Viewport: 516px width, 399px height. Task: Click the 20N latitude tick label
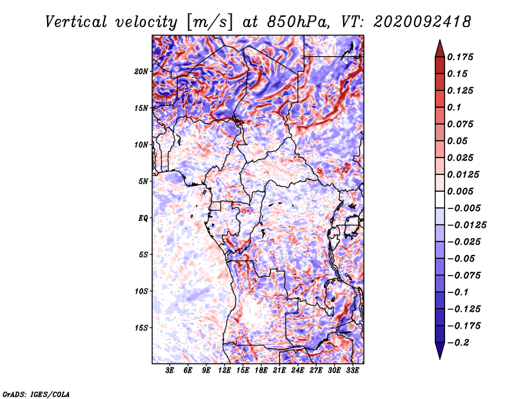tap(141, 72)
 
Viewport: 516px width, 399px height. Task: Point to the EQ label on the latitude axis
tap(143, 218)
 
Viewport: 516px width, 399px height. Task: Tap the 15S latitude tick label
tap(141, 328)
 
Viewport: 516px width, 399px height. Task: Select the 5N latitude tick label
tap(143, 181)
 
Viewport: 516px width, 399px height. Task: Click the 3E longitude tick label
tap(170, 371)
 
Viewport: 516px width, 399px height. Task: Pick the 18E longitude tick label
tap(261, 371)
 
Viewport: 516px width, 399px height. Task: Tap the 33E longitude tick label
tap(352, 371)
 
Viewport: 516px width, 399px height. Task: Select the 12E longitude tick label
tap(224, 371)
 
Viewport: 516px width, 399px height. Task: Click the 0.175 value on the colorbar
tap(460, 57)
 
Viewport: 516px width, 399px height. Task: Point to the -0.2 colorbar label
tap(458, 343)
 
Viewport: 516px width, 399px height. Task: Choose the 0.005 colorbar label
tap(460, 191)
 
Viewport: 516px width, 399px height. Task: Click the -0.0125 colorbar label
tap(466, 225)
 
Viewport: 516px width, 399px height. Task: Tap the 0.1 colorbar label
tap(454, 107)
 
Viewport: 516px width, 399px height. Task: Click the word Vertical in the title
tap(76, 22)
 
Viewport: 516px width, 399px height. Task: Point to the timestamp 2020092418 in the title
tap(422, 22)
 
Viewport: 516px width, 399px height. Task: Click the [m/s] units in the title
tap(210, 22)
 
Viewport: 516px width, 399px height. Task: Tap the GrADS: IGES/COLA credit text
tap(36, 394)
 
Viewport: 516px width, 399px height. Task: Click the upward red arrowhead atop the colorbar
tap(440, 48)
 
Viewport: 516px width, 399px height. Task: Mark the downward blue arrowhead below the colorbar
tap(440, 351)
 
